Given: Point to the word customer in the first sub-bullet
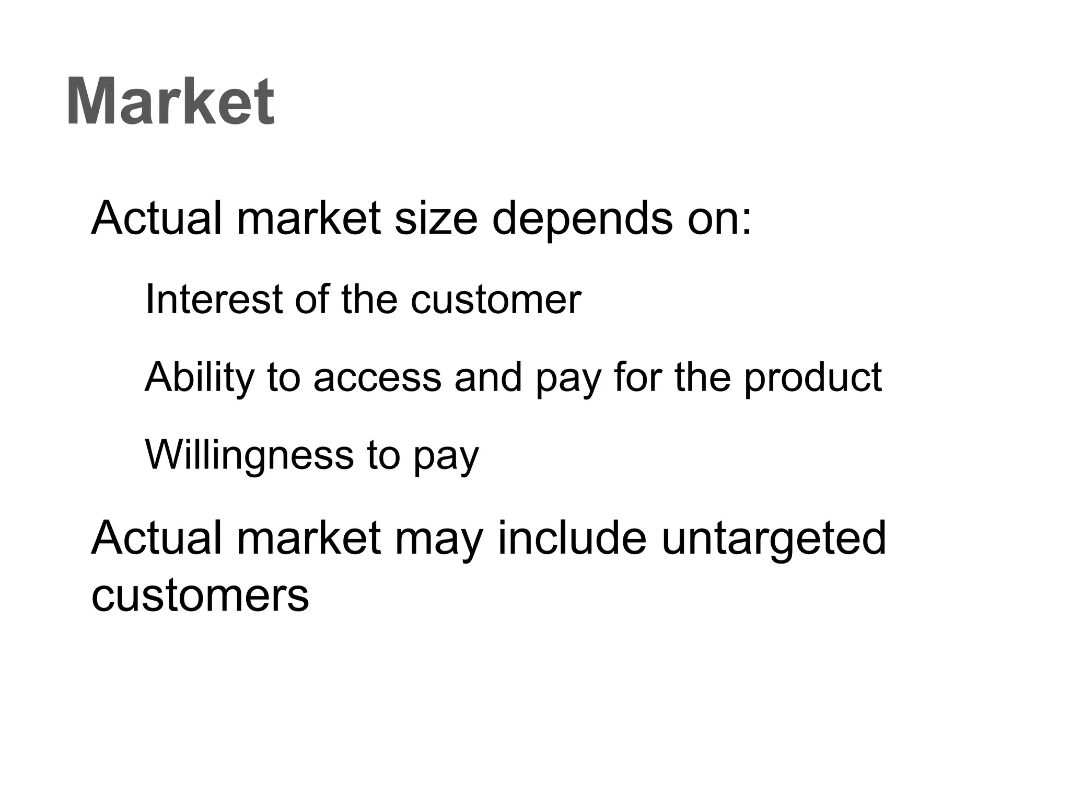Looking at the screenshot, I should [x=495, y=300].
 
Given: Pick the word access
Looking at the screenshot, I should [x=377, y=378].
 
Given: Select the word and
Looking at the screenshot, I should [x=488, y=377].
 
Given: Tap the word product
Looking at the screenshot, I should [x=813, y=378].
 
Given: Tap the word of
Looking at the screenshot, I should [x=311, y=299].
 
